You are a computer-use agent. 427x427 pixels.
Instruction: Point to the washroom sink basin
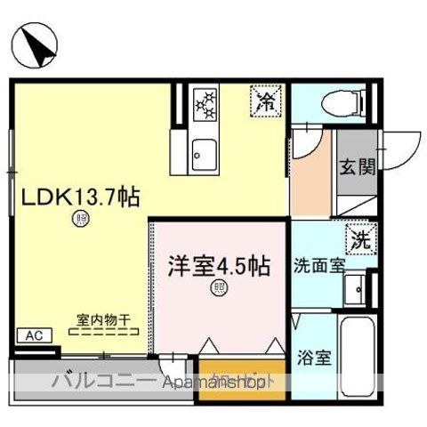[354, 287]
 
